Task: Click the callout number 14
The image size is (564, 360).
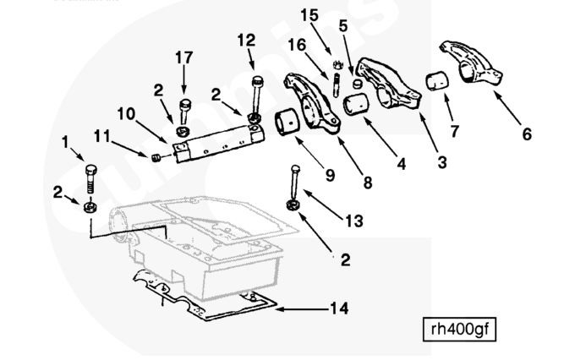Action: [338, 308]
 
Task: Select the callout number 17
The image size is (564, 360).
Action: [183, 59]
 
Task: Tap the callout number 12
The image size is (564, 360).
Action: [246, 39]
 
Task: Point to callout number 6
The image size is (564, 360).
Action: [527, 134]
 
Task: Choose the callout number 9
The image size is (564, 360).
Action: [330, 176]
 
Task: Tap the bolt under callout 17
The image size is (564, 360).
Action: [184, 110]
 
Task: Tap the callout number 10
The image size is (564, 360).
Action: [125, 112]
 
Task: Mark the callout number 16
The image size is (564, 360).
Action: [298, 45]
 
